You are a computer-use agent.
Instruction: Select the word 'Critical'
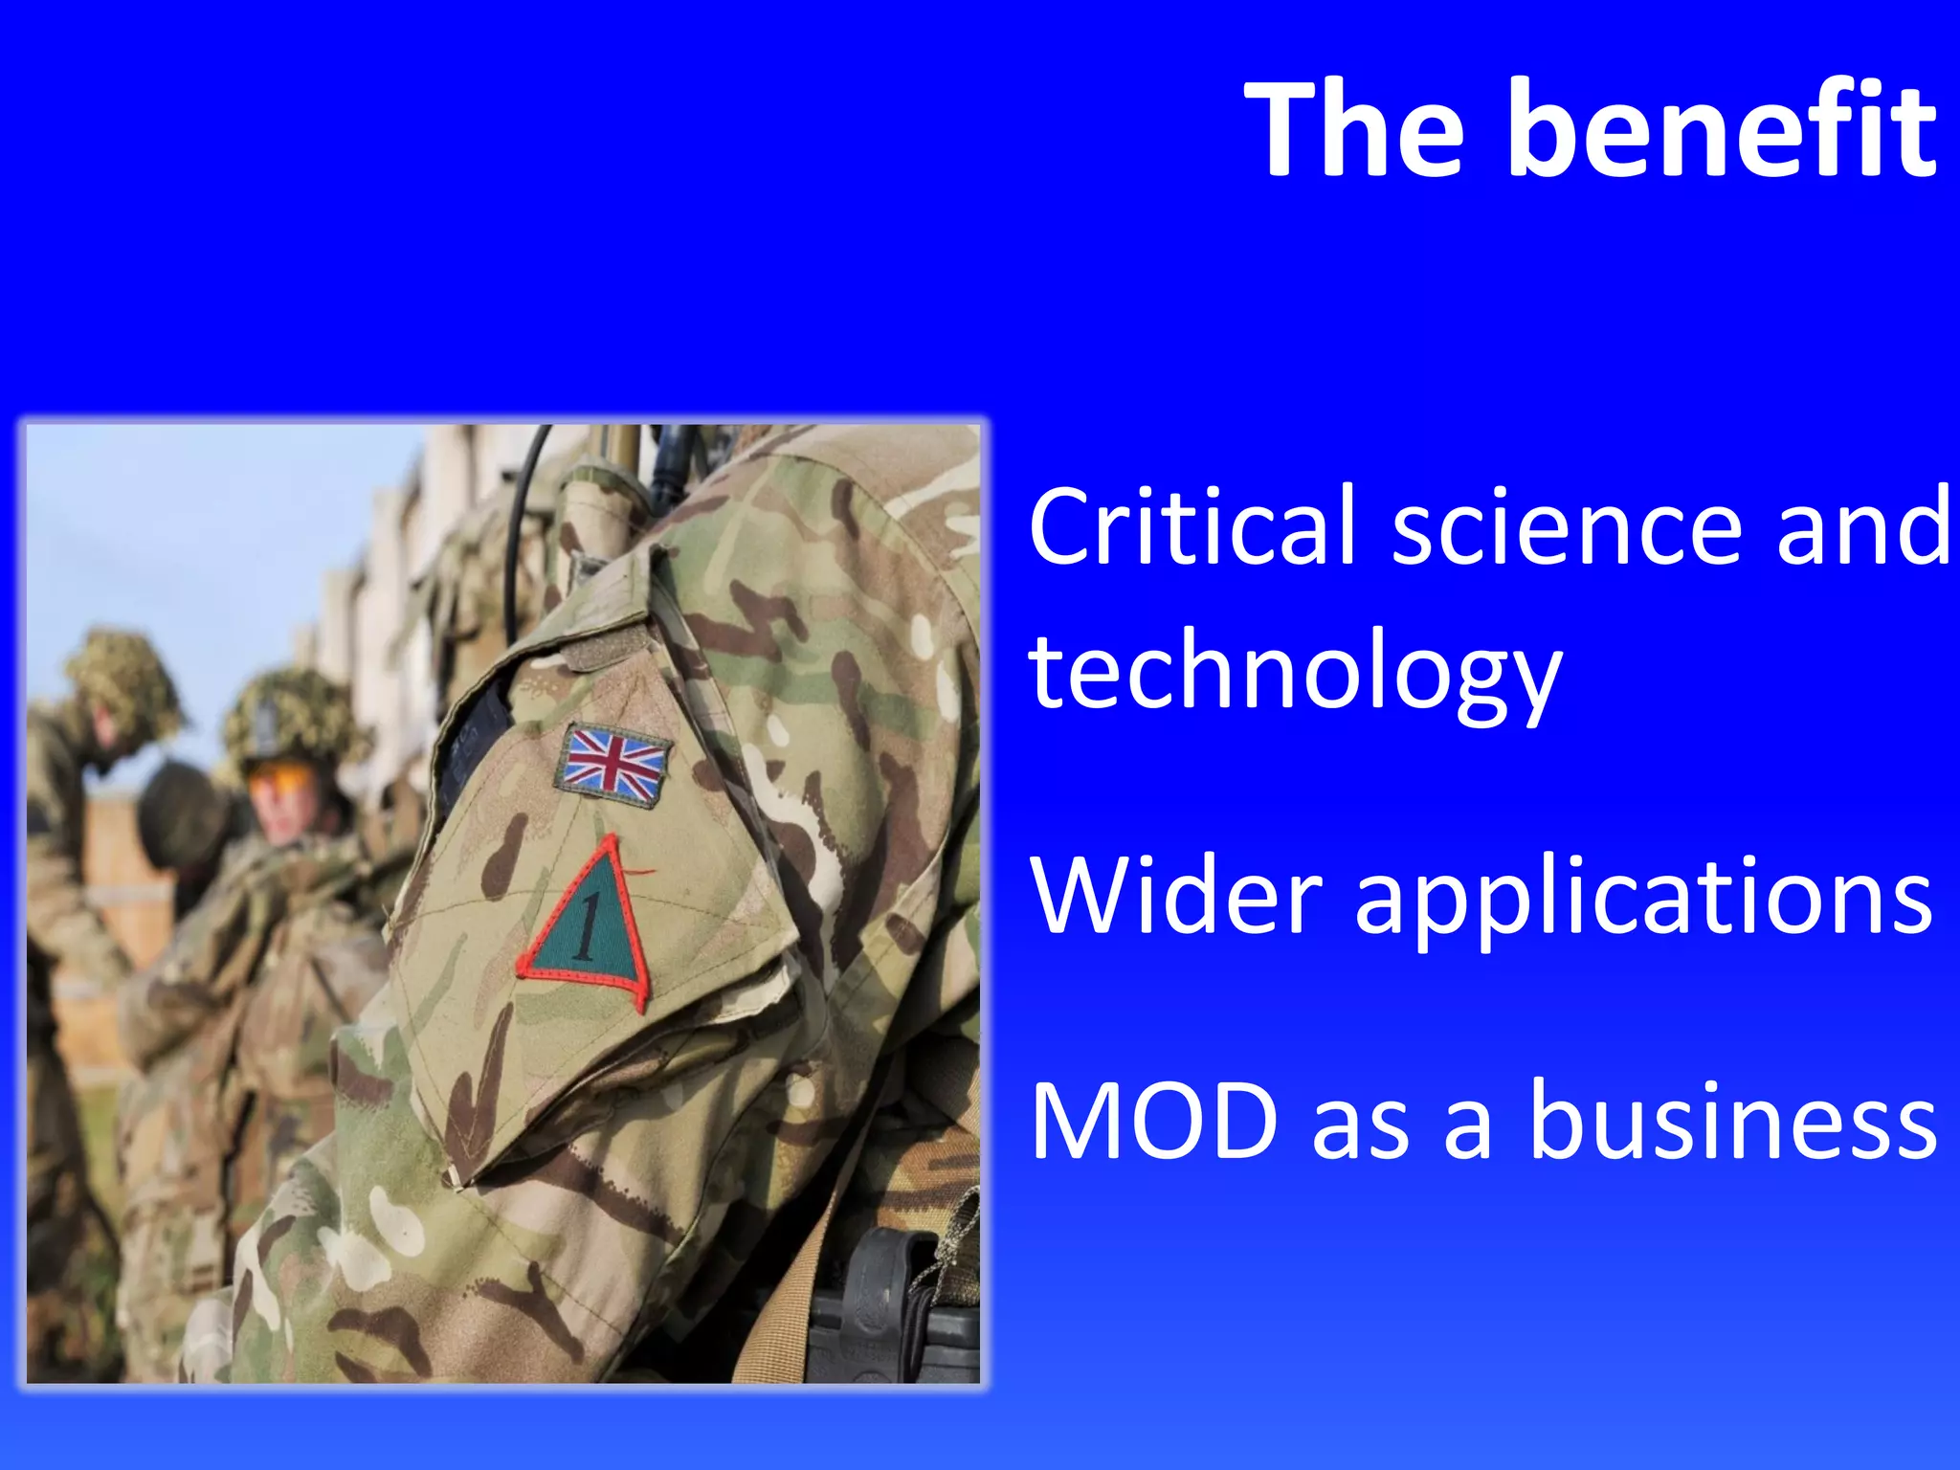(1192, 526)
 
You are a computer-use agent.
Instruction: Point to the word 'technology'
(1295, 675)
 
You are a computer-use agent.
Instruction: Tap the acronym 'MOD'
(1154, 1120)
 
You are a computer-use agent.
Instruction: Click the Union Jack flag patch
(612, 764)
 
